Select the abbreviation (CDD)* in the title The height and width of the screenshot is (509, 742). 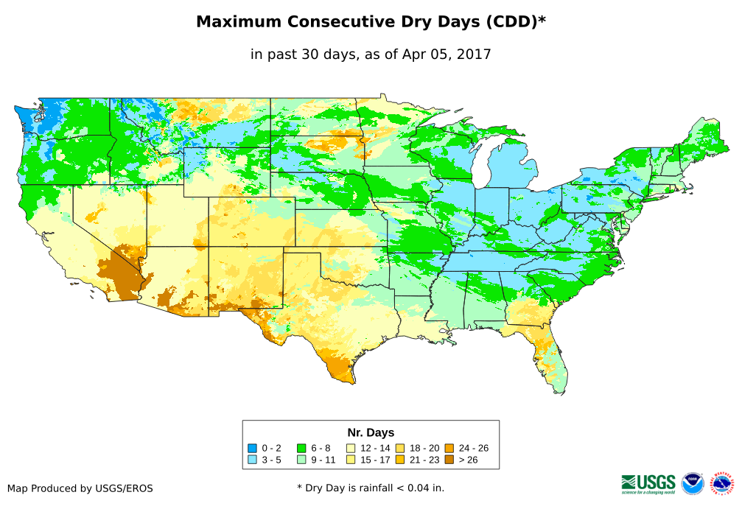click(514, 22)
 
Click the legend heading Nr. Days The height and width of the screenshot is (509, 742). click(371, 432)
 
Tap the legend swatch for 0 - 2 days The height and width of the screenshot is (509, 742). click(252, 448)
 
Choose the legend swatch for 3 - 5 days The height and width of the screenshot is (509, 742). click(252, 460)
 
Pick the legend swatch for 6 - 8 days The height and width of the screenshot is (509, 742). click(301, 448)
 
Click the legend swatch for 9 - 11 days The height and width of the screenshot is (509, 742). click(301, 460)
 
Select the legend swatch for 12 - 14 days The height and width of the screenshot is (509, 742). click(351, 448)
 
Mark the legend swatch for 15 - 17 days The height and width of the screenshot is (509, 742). click(351, 460)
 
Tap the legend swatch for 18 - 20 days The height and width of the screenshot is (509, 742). click(400, 448)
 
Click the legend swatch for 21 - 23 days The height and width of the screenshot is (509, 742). click(400, 460)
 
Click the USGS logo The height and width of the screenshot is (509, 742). click(648, 483)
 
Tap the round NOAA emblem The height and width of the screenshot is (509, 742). click(693, 483)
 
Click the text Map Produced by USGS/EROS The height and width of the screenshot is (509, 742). click(80, 488)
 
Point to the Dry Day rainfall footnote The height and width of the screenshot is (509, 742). click(371, 488)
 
